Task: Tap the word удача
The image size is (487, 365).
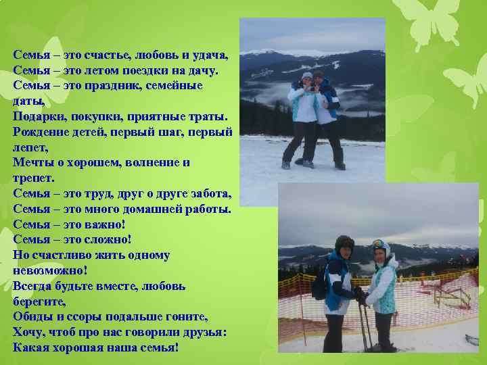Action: point(208,55)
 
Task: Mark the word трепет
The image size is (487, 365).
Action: point(32,178)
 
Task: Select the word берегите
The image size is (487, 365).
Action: point(40,301)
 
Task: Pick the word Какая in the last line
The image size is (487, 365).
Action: point(32,347)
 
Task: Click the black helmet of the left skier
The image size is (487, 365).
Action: point(344,242)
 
